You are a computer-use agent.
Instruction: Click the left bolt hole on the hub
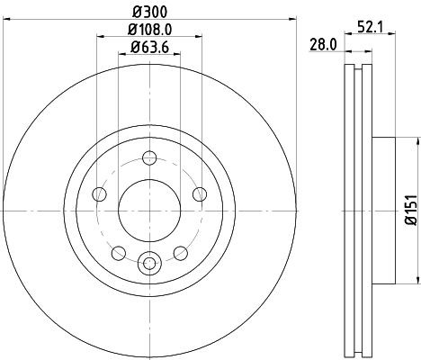(x=100, y=194)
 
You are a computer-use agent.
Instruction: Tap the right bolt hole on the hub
(x=201, y=194)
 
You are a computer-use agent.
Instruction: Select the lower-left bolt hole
(x=119, y=251)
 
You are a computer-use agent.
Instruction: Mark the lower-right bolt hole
(x=181, y=251)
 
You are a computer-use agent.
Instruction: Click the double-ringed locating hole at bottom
(x=150, y=264)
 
